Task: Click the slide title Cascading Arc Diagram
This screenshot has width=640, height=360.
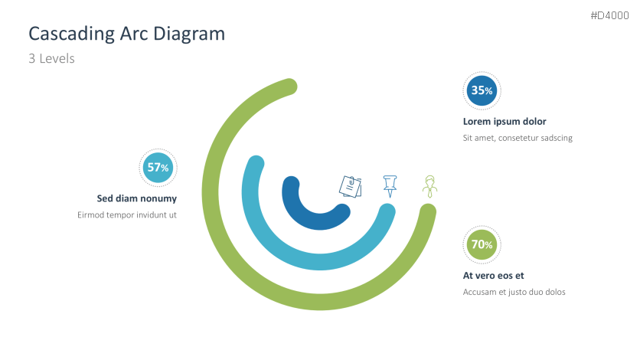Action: coord(127,34)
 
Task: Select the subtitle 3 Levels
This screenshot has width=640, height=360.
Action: coord(51,58)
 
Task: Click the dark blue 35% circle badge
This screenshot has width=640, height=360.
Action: coord(482,90)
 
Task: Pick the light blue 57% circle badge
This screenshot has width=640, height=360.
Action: coord(158,168)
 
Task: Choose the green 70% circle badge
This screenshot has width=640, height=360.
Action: coord(482,245)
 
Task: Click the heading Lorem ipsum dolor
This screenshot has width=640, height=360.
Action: coord(504,121)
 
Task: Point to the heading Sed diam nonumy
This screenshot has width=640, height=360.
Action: coord(137,198)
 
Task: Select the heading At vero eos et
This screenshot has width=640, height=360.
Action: coord(494,276)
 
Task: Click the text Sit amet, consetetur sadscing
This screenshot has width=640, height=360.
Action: coord(518,138)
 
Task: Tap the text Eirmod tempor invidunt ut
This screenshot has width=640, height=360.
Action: coord(127,215)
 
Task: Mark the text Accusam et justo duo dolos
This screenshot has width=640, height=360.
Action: coord(514,292)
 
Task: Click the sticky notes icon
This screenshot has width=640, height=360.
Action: coord(351,186)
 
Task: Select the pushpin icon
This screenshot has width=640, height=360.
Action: coord(390,185)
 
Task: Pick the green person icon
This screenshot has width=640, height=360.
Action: coord(430,186)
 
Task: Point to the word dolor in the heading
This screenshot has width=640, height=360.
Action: coord(532,121)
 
